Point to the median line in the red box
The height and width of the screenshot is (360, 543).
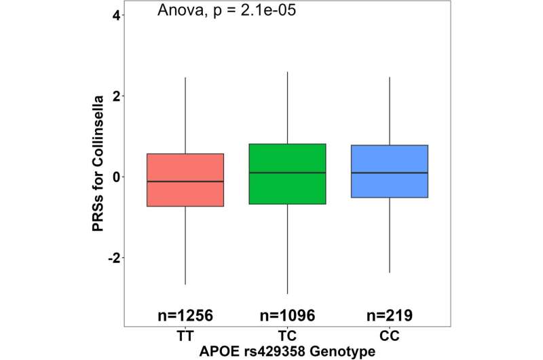click(185, 181)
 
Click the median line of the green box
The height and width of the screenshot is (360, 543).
click(287, 173)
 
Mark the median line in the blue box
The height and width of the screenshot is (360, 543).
click(390, 173)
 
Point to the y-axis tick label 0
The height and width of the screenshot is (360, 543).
click(116, 177)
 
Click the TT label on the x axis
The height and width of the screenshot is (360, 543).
click(185, 336)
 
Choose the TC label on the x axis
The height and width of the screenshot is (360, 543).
click(287, 336)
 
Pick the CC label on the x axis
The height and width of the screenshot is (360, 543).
click(390, 336)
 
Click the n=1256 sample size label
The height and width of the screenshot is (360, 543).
click(185, 315)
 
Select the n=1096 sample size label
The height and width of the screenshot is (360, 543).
click(287, 315)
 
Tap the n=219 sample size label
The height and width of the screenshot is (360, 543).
click(390, 315)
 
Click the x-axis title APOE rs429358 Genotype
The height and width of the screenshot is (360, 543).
click(287, 350)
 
